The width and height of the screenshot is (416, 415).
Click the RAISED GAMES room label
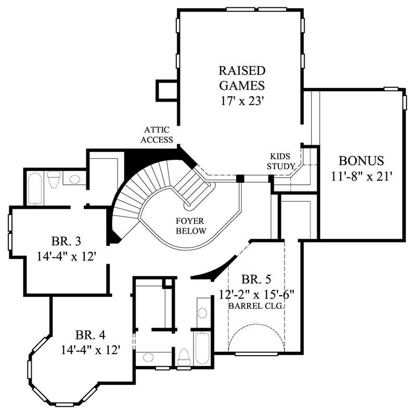point(242,77)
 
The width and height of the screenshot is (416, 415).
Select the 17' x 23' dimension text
point(242,99)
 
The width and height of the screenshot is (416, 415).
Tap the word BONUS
point(361,160)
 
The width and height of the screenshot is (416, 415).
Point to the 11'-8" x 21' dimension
point(361,176)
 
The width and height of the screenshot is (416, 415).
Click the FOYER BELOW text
point(191,226)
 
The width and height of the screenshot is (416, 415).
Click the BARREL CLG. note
point(256,307)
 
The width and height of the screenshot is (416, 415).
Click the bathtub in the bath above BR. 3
point(35,188)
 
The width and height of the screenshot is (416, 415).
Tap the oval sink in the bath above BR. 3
point(75,180)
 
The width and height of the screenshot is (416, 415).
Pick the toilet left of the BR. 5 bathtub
point(184,357)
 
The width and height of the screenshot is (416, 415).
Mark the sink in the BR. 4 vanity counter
point(147,358)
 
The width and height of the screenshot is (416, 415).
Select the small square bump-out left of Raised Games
point(167,90)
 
